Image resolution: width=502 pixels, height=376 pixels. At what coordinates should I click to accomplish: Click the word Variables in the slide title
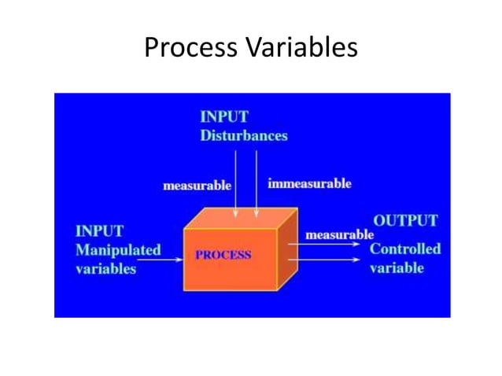tap(302, 48)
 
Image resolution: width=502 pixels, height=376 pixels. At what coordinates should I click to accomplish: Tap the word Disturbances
tap(243, 135)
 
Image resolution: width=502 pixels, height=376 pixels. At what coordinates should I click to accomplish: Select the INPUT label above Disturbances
tap(224, 117)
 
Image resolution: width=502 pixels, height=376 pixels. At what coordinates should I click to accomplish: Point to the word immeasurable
tap(309, 184)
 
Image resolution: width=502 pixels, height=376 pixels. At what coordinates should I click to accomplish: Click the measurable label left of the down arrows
tap(197, 186)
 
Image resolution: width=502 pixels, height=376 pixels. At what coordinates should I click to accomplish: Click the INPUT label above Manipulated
tap(99, 231)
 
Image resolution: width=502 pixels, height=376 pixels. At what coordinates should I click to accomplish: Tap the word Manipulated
tap(117, 250)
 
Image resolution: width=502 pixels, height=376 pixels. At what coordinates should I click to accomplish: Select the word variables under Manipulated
tap(105, 268)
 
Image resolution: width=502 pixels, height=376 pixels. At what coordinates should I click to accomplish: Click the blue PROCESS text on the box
tap(223, 255)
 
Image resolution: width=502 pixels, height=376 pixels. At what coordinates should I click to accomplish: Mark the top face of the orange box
tap(241, 219)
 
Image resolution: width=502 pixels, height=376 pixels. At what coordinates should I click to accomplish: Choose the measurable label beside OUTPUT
tap(339, 234)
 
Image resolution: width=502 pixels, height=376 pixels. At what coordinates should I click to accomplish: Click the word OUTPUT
tap(405, 221)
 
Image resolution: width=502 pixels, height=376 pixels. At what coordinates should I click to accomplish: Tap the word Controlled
tap(405, 249)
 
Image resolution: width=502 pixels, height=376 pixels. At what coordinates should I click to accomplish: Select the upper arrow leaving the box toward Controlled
tap(330, 245)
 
